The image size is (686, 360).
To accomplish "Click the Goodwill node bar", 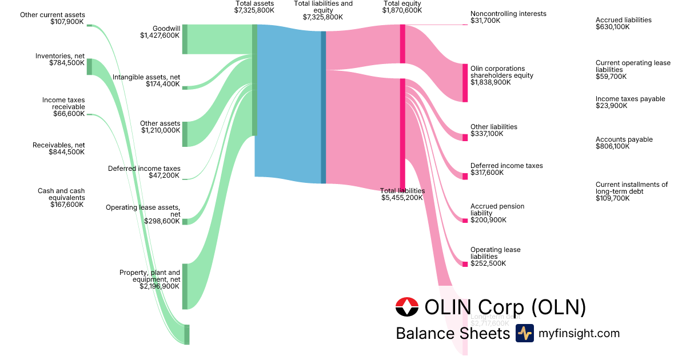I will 185,39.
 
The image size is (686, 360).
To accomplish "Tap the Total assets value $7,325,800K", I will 254,10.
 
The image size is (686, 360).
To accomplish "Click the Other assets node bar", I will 185,134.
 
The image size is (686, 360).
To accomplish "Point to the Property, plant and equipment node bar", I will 185,286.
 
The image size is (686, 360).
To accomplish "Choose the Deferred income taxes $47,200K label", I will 144,172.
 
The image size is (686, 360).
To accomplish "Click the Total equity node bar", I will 402,43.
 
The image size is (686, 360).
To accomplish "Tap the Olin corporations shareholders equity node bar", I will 465,83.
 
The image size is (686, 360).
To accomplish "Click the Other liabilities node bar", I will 465,137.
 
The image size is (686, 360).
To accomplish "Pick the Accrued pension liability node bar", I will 465,221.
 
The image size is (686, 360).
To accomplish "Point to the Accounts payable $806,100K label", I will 624,143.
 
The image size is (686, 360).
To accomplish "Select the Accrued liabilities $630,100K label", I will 623,23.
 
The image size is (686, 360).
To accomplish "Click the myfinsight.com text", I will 579,333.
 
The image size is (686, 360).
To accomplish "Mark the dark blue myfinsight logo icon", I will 524,333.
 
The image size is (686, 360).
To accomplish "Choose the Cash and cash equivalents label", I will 61,198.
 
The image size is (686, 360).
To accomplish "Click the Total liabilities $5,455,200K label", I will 402,194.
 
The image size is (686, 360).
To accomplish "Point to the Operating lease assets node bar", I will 185,221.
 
